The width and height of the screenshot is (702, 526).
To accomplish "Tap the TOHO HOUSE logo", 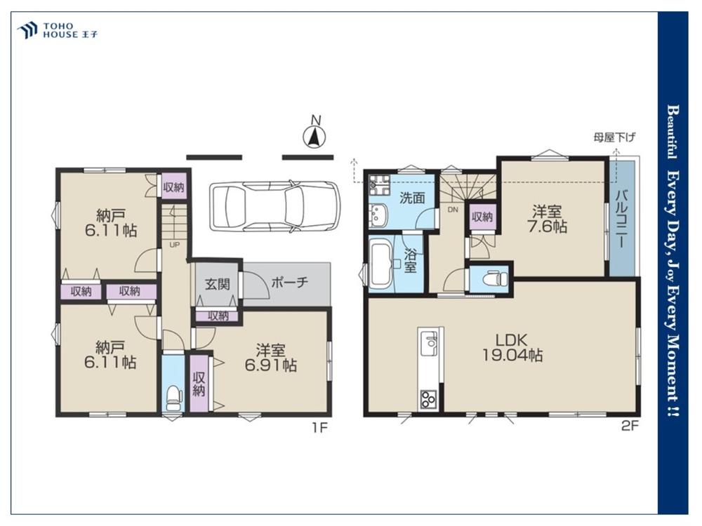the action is point(57,30).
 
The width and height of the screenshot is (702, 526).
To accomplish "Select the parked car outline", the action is point(274,206).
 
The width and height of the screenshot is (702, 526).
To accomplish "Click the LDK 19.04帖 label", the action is point(512,347).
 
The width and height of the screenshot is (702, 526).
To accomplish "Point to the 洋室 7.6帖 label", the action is point(547,219).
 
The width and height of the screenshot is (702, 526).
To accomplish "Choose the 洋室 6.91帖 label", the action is point(270,358).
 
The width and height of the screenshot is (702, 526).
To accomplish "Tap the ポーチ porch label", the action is point(290,282).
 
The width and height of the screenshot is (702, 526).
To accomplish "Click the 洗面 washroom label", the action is point(412,198).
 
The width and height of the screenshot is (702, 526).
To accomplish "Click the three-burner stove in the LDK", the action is point(428,398).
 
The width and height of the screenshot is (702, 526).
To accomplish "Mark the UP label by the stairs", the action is point(173,245).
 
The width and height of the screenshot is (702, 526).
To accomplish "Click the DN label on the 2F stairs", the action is point(453,209).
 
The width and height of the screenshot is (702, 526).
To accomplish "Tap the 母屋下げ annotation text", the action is point(614,137).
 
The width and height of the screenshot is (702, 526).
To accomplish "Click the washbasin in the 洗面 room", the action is point(379,214).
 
